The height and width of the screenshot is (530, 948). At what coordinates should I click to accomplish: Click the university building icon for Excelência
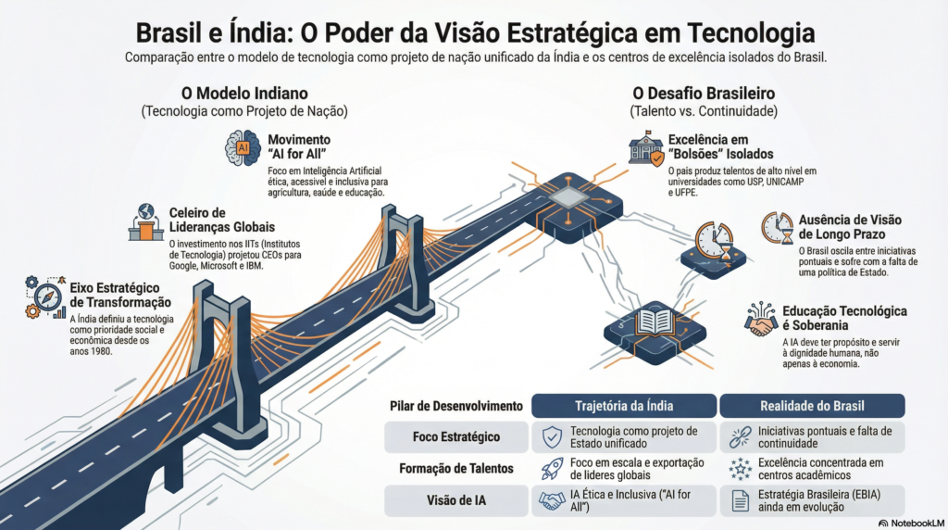pyautogui.click(x=645, y=148)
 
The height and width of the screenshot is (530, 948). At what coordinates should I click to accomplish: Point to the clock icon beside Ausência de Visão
pyautogui.click(x=779, y=229)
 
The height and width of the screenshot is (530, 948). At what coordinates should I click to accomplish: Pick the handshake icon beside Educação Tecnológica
pyautogui.click(x=761, y=319)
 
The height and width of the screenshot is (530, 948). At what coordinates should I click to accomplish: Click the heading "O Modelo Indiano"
pyautogui.click(x=243, y=94)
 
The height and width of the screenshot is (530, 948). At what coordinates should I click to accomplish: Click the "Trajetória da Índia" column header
pyautogui.click(x=625, y=406)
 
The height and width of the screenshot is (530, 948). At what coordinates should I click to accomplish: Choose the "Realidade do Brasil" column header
pyautogui.click(x=812, y=406)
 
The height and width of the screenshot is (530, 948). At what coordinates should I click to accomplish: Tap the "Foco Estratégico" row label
pyautogui.click(x=456, y=436)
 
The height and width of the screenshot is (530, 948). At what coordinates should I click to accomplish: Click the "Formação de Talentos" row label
pyautogui.click(x=456, y=468)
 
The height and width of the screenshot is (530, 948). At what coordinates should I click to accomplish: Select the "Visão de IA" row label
pyautogui.click(x=456, y=499)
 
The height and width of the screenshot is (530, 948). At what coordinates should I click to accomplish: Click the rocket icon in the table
pyautogui.click(x=553, y=469)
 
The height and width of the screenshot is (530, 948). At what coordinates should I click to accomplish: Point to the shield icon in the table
pyautogui.click(x=553, y=437)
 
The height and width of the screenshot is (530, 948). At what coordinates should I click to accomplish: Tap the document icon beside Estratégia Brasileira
pyautogui.click(x=740, y=500)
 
